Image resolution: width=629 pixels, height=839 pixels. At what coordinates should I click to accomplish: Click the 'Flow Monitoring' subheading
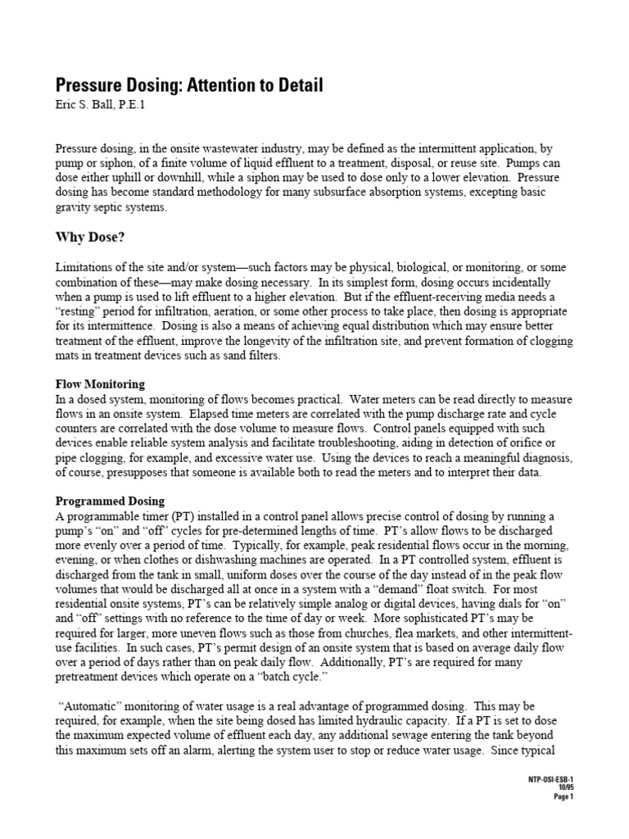coord(100,383)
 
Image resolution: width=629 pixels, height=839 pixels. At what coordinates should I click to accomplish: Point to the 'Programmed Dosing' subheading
coord(110,501)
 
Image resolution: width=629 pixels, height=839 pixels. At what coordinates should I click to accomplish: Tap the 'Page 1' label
coord(563,796)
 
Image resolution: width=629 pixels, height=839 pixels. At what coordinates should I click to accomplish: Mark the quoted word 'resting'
coord(80,313)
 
